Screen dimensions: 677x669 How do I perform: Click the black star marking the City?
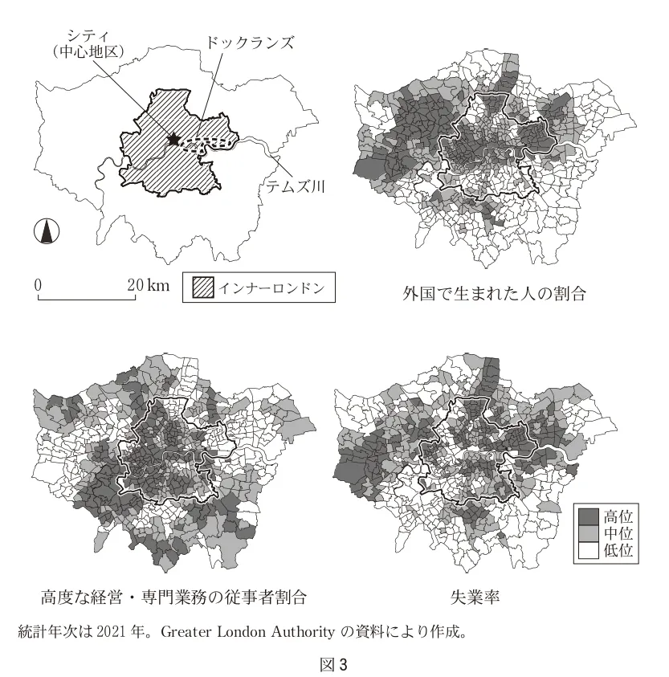click(173, 139)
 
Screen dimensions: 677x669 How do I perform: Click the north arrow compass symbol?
click(47, 232)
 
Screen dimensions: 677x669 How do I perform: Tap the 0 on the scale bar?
click(39, 285)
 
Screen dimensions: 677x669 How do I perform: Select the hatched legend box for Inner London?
click(202, 287)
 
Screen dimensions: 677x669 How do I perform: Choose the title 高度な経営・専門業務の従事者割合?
click(173, 598)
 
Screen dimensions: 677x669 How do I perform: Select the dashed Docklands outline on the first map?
click(208, 144)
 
